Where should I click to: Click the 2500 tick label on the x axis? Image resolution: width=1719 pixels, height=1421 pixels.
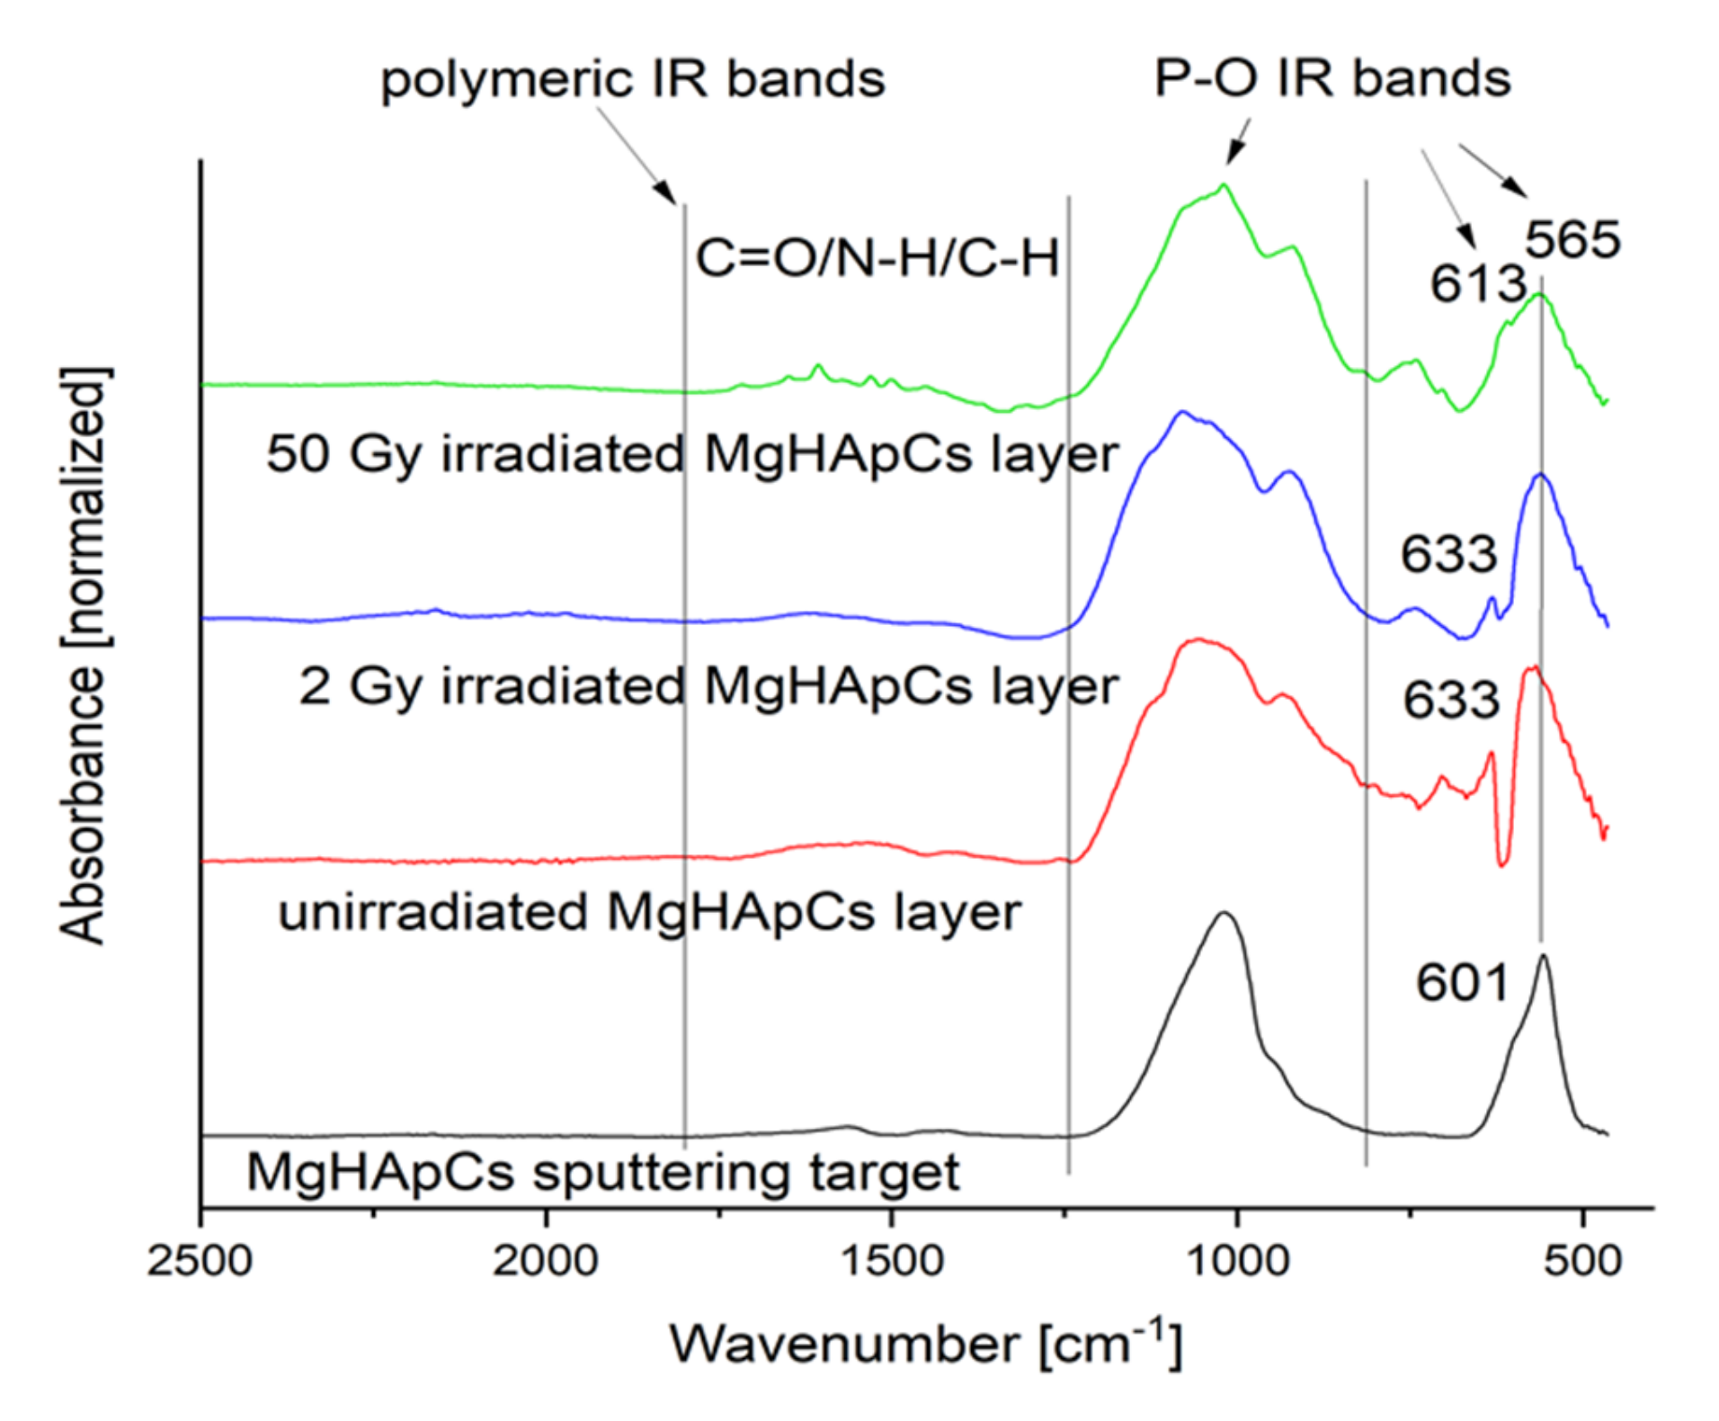pos(200,1261)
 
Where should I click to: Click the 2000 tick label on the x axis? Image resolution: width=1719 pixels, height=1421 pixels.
pos(545,1261)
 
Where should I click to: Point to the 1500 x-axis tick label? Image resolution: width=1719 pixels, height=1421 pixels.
pos(891,1261)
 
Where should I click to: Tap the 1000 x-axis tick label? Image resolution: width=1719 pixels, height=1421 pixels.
pos(1237,1261)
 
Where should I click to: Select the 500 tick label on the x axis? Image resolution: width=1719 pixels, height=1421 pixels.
pos(1583,1261)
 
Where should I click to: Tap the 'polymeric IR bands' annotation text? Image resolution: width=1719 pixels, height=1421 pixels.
pos(633,79)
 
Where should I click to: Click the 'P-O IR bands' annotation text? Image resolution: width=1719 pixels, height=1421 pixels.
pos(1332,78)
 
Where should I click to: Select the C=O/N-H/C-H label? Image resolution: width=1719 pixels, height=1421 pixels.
pos(877,258)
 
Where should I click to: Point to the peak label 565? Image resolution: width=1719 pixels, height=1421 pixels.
pos(1572,240)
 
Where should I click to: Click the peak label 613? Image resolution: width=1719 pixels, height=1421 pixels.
pos(1478,284)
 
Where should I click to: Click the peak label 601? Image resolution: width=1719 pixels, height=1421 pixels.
pos(1462,982)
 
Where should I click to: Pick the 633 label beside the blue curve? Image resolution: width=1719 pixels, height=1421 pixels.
pos(1448,554)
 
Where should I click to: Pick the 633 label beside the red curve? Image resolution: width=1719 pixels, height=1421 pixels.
pos(1451,700)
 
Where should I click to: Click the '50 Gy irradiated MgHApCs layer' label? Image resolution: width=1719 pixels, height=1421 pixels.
pos(692,454)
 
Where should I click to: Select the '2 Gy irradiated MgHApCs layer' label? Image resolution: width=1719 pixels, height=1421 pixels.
pos(708,687)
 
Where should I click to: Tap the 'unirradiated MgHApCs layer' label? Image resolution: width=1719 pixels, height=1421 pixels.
pos(649,913)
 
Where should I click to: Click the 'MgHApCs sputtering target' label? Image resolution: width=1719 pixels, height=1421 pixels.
pos(603,1173)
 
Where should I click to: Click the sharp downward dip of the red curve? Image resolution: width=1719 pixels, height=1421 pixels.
pos(1502,862)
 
